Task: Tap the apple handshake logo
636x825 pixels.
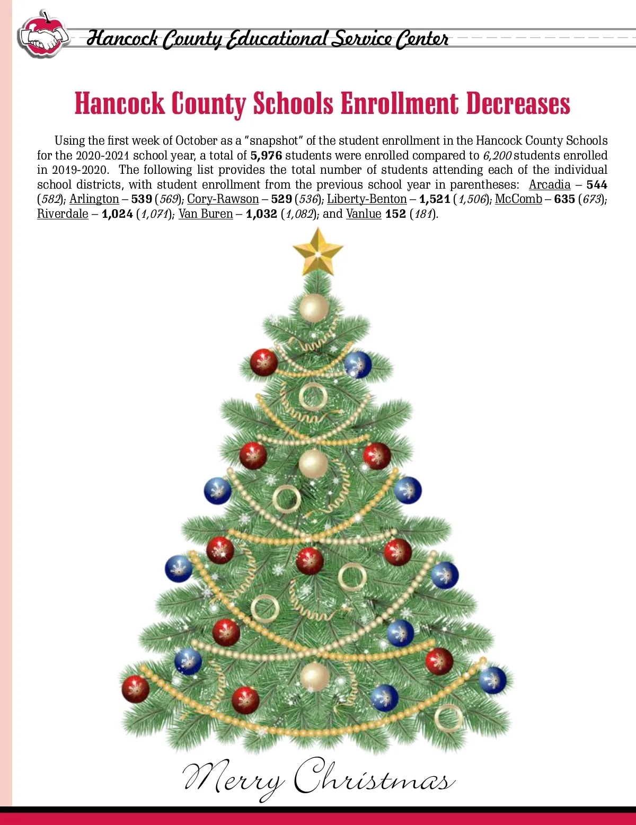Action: (x=43, y=36)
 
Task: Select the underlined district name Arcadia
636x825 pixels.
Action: (x=550, y=184)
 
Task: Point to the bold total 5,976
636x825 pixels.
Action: (x=266, y=155)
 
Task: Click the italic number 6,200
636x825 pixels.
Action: (x=497, y=155)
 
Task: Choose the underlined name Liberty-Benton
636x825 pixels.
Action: (x=367, y=199)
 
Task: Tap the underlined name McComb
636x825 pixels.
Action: (x=518, y=199)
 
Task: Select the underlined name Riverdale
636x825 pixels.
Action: (x=63, y=214)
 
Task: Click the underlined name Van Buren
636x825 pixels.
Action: (x=206, y=214)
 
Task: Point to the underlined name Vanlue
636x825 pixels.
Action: (x=364, y=214)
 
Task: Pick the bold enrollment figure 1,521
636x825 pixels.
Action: (x=435, y=199)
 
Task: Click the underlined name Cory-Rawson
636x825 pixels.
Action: (x=223, y=199)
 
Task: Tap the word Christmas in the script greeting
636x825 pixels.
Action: (x=374, y=778)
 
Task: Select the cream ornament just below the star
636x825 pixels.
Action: (x=314, y=307)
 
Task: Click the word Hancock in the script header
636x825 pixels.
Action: (x=122, y=38)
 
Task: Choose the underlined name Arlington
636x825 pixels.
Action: (x=94, y=199)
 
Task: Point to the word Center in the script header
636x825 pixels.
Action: (x=422, y=38)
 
